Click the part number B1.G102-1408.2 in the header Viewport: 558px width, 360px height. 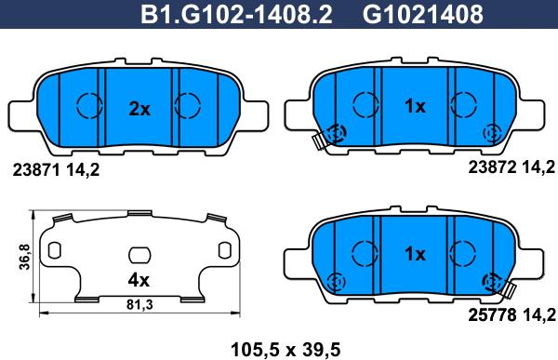[236, 15]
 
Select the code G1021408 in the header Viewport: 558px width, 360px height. [423, 15]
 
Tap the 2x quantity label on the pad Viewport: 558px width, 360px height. [139, 110]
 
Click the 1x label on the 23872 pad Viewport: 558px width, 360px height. [416, 106]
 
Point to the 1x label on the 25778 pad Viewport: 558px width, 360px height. [416, 254]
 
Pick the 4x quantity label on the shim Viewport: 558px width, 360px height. [139, 281]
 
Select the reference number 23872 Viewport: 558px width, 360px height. [492, 167]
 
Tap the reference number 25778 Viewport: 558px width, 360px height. [492, 314]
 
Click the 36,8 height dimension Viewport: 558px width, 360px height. [25, 257]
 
